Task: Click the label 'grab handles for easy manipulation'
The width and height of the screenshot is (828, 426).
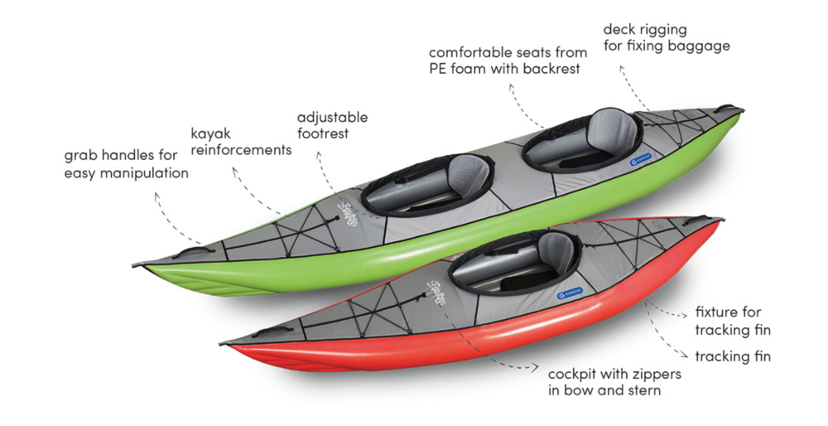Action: pyautogui.click(x=126, y=164)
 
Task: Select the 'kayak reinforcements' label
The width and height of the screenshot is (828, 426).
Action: pyautogui.click(x=241, y=141)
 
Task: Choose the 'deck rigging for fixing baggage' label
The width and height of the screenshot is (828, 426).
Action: pyautogui.click(x=666, y=37)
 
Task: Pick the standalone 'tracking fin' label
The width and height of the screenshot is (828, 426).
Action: pyautogui.click(x=733, y=357)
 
